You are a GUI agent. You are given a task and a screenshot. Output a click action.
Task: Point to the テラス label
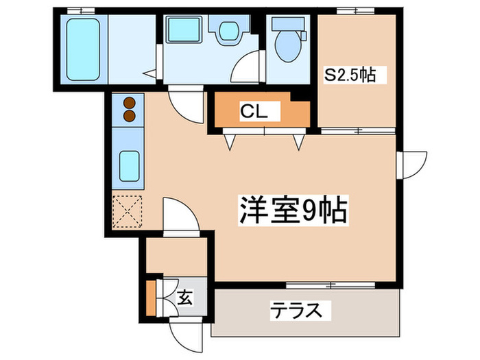[294, 310]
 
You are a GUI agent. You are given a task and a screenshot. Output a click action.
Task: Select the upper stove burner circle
[129, 104]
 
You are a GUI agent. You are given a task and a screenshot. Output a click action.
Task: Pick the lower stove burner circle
[129, 117]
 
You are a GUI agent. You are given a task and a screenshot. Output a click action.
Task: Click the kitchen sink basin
[129, 165]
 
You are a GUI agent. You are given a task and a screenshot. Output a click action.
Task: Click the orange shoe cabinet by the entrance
[151, 294]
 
